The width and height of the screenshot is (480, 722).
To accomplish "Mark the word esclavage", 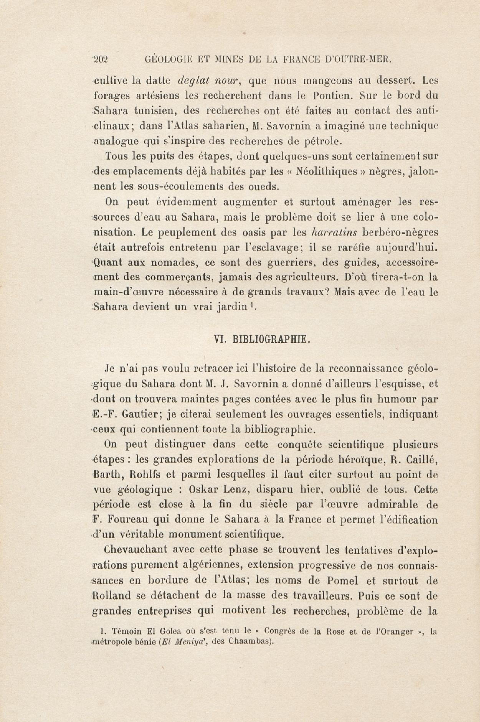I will [x=275, y=247].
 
